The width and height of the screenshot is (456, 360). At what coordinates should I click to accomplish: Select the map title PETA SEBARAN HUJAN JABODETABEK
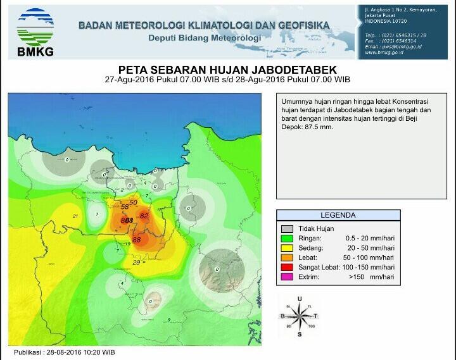click(228, 70)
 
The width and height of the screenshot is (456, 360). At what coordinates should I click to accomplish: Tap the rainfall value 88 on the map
click(136, 240)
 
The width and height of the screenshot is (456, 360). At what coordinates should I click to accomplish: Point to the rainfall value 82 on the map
click(144, 216)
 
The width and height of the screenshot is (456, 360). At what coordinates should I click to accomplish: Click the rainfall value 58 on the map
click(125, 207)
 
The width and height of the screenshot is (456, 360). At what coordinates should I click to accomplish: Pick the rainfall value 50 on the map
click(133, 202)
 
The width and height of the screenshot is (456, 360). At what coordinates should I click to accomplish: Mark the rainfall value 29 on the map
click(136, 263)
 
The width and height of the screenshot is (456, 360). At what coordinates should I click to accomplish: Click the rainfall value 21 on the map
click(75, 216)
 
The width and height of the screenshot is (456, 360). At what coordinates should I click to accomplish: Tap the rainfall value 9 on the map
click(169, 320)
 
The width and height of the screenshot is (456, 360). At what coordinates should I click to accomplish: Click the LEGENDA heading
click(338, 215)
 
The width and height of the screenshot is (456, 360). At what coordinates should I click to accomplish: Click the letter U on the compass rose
click(299, 298)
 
